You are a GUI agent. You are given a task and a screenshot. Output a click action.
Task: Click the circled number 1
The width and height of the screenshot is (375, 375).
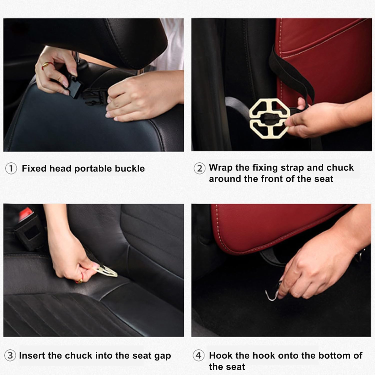point(11,169)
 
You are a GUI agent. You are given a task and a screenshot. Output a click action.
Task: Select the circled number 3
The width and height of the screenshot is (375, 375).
point(10,355)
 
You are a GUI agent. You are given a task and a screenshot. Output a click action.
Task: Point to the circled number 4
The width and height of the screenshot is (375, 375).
point(198,355)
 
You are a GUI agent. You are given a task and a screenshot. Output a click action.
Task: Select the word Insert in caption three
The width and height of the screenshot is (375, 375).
point(32,355)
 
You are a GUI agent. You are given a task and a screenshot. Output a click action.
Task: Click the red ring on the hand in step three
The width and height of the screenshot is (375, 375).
point(79,281)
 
